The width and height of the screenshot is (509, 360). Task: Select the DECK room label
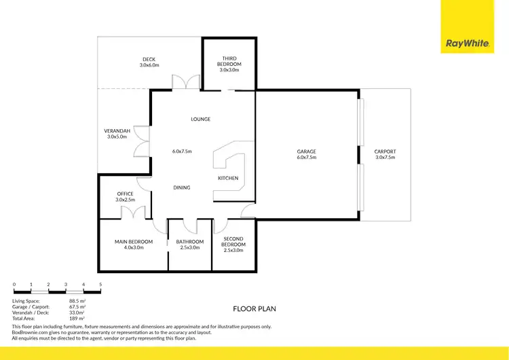(x=149, y=59)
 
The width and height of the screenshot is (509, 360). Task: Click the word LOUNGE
(x=201, y=120)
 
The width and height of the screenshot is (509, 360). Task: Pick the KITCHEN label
(x=228, y=178)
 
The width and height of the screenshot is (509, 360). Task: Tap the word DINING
(x=182, y=187)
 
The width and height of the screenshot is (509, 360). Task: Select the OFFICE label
(x=126, y=194)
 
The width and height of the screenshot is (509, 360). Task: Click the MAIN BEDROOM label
(x=134, y=242)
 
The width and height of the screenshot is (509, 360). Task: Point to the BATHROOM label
(x=190, y=242)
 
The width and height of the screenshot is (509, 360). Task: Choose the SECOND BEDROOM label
(x=234, y=241)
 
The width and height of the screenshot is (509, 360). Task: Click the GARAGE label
(x=307, y=151)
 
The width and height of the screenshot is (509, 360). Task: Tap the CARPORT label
(x=385, y=151)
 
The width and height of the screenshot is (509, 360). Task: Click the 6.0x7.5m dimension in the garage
(x=307, y=158)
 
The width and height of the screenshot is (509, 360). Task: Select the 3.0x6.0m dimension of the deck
(x=149, y=65)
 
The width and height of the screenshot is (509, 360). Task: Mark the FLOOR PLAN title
(x=254, y=308)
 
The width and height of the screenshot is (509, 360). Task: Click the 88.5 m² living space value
(x=77, y=300)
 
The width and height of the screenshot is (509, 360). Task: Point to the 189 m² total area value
(x=77, y=318)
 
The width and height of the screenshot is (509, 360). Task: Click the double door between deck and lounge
(x=185, y=82)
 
